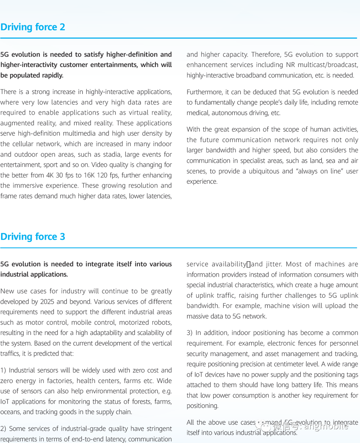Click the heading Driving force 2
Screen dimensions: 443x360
[x=33, y=27]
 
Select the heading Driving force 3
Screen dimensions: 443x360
[x=33, y=237]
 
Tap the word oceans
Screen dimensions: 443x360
[x=10, y=412]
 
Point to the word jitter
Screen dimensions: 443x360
[x=274, y=264]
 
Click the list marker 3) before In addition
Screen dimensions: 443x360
[x=190, y=333]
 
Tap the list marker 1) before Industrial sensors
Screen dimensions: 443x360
[x=3, y=370]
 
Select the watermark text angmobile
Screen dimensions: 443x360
[x=326, y=425]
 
